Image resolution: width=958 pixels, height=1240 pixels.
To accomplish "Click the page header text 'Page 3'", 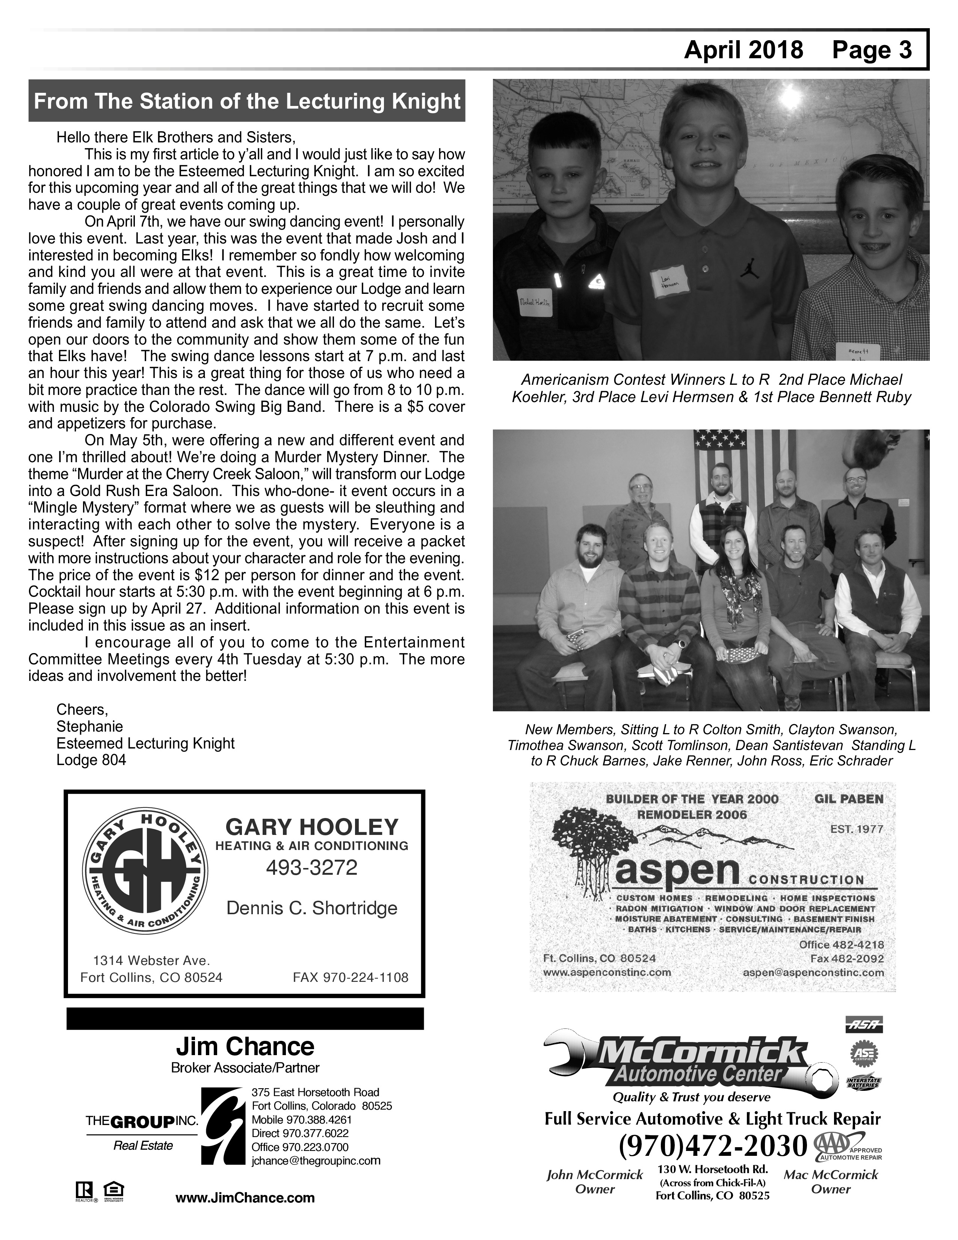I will (x=872, y=50).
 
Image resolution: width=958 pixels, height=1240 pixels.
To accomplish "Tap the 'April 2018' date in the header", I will (x=743, y=50).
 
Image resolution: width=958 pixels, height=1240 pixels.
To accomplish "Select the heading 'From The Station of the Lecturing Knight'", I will (x=247, y=101).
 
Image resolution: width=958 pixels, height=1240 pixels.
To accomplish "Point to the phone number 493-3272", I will (x=311, y=868).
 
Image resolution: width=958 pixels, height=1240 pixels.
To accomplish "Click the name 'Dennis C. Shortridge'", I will (x=311, y=908).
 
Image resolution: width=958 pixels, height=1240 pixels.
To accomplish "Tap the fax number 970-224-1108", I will (x=350, y=977).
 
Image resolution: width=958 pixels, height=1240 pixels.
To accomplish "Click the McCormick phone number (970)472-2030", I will (x=713, y=1146).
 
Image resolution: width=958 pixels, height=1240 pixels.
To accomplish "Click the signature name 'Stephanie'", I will (x=89, y=727).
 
